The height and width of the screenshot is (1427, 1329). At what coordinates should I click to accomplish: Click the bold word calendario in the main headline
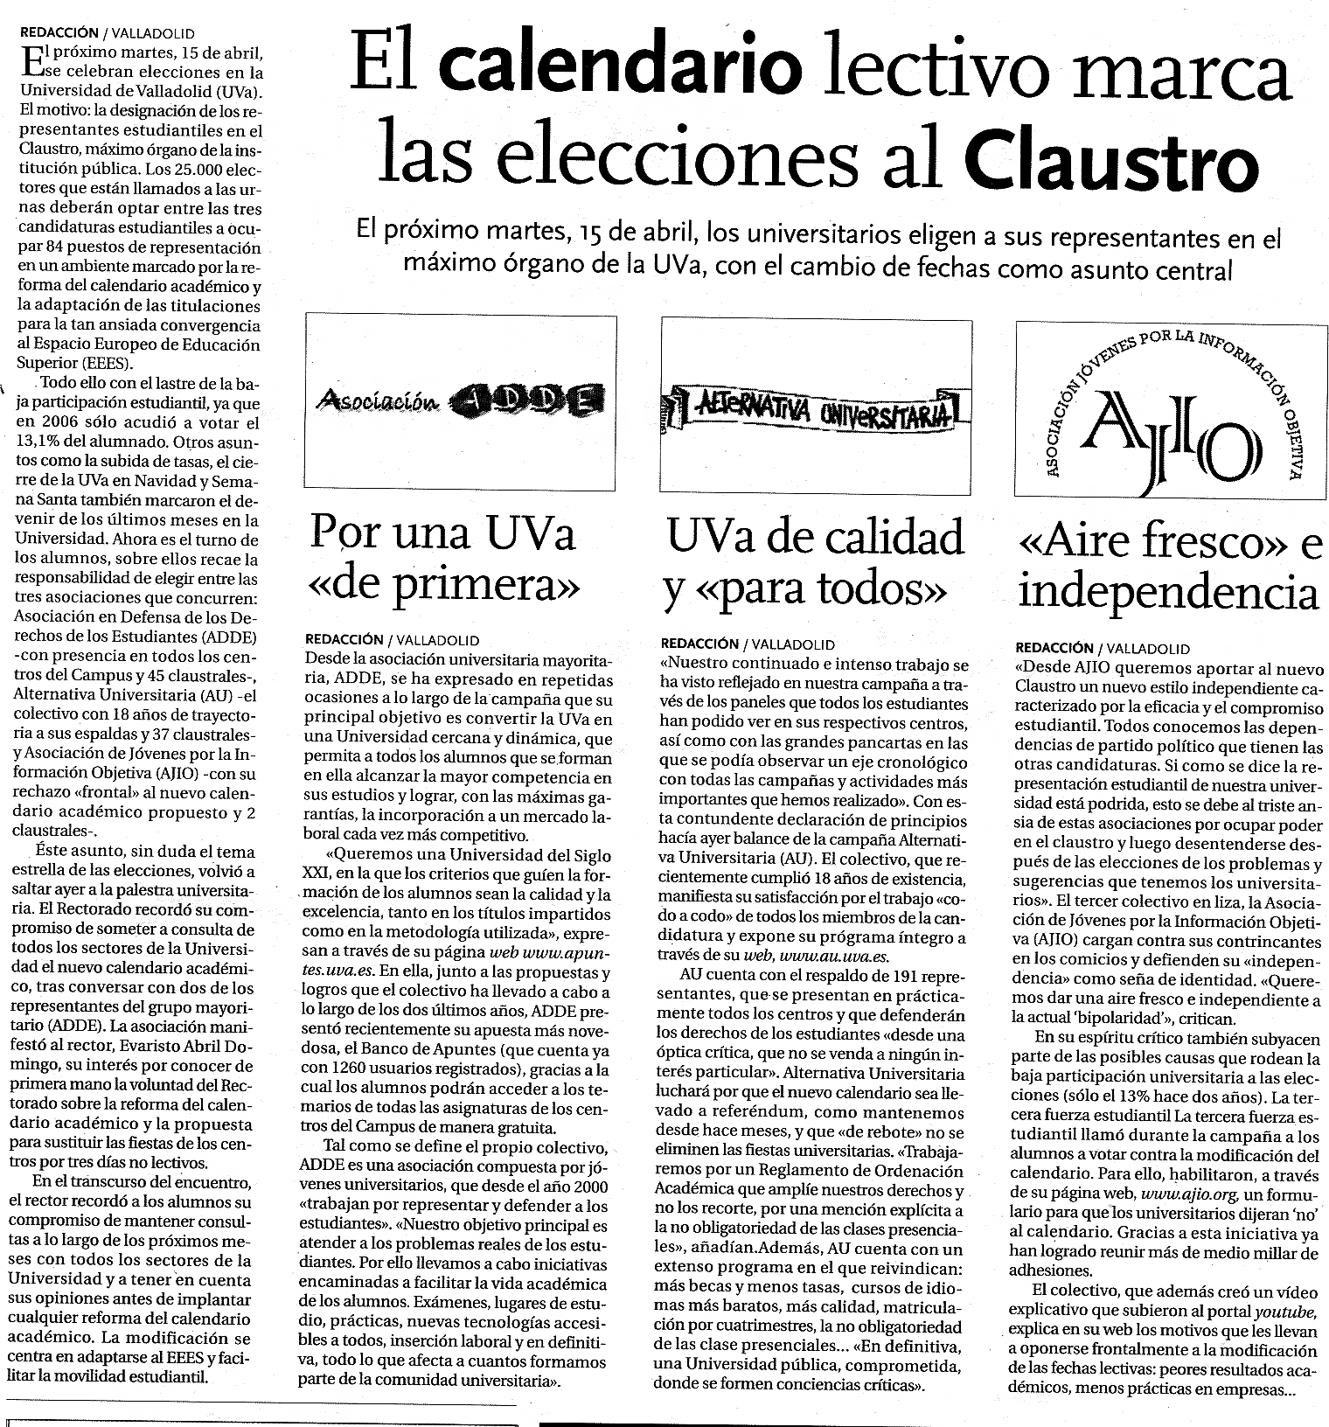coord(621,66)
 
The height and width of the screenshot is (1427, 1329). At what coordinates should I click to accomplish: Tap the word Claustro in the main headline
coord(1111,162)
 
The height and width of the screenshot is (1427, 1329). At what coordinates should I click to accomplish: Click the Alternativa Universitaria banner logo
coord(815,407)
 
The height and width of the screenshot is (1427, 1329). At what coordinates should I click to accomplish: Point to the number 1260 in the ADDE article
coord(351,1069)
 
